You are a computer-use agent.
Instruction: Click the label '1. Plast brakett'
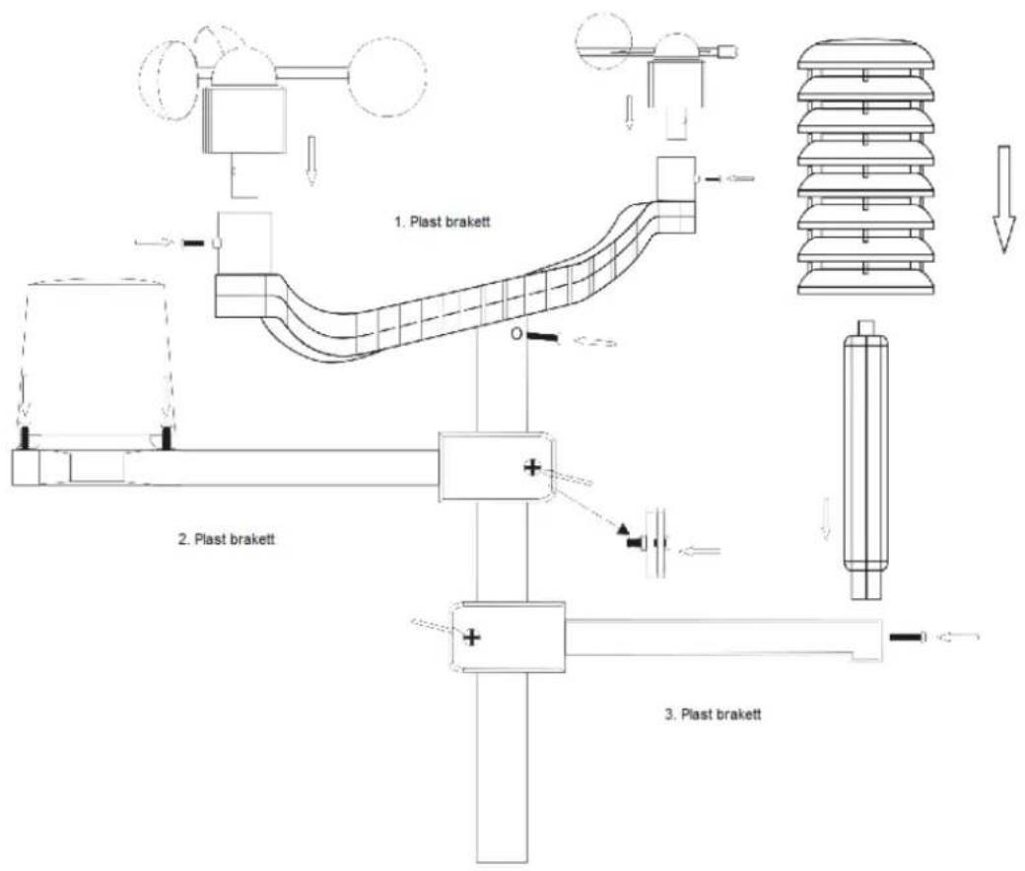click(x=442, y=222)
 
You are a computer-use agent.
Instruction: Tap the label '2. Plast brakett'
click(x=227, y=539)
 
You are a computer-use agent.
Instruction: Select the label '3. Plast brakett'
click(x=714, y=713)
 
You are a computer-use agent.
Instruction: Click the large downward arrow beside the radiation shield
click(x=1003, y=199)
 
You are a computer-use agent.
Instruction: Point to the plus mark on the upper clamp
click(x=533, y=467)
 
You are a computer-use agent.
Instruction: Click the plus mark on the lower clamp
click(x=472, y=636)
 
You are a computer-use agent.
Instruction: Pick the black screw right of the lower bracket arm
click(x=908, y=636)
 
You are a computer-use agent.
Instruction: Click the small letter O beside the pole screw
click(x=516, y=334)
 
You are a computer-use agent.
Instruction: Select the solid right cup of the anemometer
click(x=388, y=77)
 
